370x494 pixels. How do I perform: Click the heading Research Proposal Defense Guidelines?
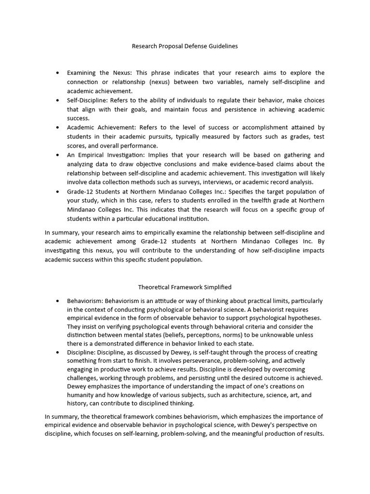(x=185, y=47)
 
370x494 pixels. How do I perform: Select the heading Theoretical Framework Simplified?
(x=185, y=287)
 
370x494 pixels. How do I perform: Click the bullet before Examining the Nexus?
(x=58, y=73)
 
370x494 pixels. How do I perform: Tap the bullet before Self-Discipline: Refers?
(x=58, y=100)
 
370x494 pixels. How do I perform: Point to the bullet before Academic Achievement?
(x=58, y=128)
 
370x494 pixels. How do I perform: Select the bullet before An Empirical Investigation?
(x=58, y=155)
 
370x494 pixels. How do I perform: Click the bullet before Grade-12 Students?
(x=58, y=192)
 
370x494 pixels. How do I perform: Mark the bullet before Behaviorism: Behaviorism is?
(x=58, y=301)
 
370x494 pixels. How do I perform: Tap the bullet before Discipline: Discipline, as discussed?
(x=58, y=353)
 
